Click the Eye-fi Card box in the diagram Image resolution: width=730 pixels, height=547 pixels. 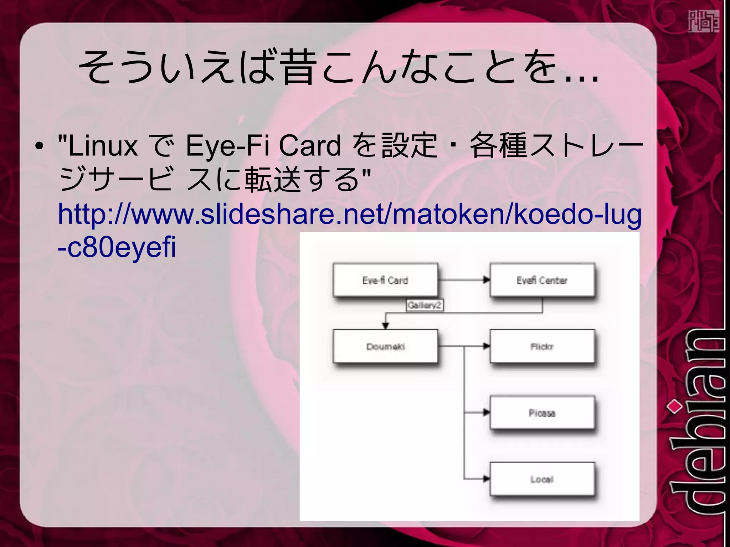pos(385,280)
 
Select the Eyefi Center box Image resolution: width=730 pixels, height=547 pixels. pos(542,280)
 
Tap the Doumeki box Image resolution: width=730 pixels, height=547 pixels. pos(385,346)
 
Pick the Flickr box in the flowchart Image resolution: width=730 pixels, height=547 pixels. pos(542,346)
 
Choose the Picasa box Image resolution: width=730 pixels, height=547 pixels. pos(542,413)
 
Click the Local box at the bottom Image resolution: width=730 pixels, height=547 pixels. pos(542,479)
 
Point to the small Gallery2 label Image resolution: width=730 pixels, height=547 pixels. pos(425,305)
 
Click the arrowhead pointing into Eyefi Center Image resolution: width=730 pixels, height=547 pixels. pos(486,280)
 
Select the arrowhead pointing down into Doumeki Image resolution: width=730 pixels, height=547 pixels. pos(385,326)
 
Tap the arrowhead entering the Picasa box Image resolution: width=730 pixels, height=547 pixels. pos(486,413)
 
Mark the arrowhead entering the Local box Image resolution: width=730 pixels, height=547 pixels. pos(486,479)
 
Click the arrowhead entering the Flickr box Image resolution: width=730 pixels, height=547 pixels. pos(486,346)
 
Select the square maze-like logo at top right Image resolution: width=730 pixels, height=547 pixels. pos(703,21)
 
